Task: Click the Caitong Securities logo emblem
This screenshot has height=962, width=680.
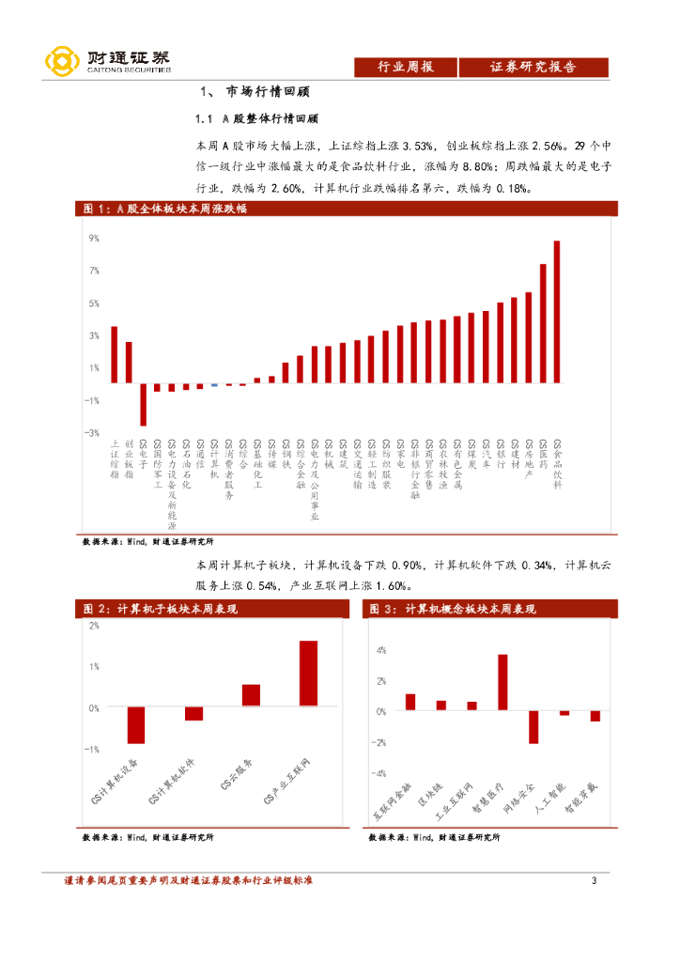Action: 62,62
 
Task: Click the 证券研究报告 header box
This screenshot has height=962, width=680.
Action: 533,67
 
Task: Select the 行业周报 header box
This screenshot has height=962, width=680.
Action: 405,67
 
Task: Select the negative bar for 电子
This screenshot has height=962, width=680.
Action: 143,405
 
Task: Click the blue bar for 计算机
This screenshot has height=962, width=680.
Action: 214,385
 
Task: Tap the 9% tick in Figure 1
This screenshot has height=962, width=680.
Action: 94,239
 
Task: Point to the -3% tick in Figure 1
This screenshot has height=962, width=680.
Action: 93,433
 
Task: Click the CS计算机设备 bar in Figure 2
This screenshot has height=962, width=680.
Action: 136,725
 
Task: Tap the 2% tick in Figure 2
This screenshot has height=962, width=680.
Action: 95,625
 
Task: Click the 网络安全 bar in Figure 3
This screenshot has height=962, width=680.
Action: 533,727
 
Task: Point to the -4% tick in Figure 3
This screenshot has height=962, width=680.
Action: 380,774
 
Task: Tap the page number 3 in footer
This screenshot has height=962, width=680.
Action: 594,880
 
